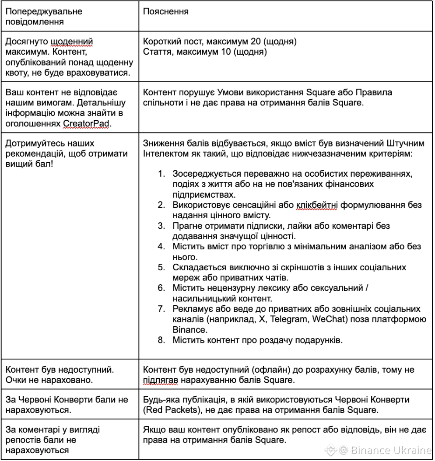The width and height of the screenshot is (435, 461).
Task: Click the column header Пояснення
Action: click(166, 12)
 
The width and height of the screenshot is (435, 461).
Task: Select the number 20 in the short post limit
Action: click(256, 42)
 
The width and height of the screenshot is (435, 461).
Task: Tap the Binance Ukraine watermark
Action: click(380, 450)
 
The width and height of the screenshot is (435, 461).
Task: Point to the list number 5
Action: click(161, 267)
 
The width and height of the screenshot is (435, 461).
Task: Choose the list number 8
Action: click(161, 339)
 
